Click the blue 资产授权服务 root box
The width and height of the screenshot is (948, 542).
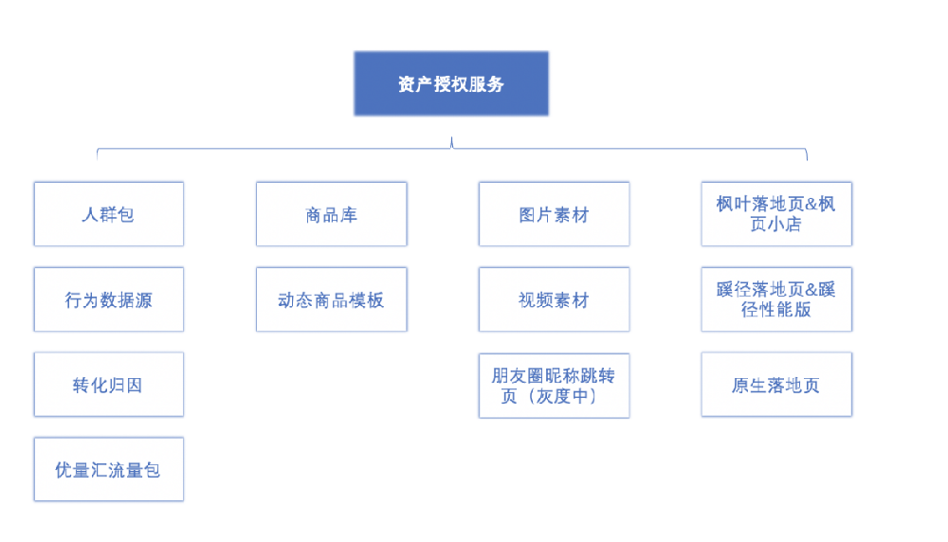[451, 84]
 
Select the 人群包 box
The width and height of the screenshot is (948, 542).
[108, 214]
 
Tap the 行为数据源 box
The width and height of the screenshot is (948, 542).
[108, 299]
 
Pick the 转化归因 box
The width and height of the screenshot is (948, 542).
[108, 385]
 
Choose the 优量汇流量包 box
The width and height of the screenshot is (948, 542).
[108, 469]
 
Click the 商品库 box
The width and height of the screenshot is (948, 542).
[331, 214]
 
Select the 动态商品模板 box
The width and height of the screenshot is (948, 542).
[331, 299]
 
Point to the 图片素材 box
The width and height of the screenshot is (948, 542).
[554, 214]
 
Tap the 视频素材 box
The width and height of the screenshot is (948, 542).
[554, 299]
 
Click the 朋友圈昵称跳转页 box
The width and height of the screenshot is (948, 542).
[554, 385]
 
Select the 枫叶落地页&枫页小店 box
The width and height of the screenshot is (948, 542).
[776, 214]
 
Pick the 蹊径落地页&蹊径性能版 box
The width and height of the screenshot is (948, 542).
[776, 299]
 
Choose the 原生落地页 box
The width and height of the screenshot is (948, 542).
[776, 385]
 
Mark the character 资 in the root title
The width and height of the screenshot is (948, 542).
[407, 84]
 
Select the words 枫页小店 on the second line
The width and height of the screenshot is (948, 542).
[776, 225]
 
